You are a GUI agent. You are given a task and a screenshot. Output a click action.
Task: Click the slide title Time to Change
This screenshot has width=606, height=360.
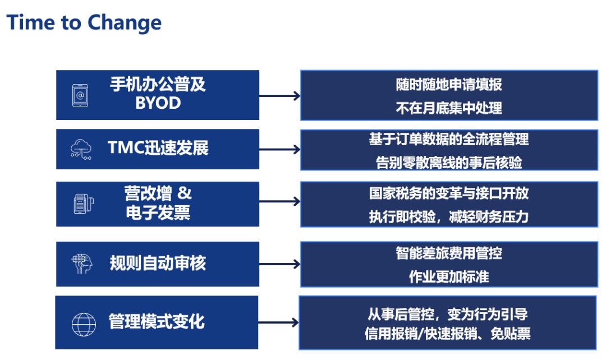click(84, 22)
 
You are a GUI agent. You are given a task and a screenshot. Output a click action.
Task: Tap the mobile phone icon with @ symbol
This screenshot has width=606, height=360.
click(80, 95)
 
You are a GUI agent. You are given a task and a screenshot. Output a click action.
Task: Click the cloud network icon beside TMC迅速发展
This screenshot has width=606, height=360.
click(81, 149)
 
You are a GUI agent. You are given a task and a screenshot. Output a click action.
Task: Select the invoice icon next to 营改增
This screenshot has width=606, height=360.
click(84, 204)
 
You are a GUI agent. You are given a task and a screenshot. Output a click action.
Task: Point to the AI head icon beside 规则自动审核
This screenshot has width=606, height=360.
click(82, 264)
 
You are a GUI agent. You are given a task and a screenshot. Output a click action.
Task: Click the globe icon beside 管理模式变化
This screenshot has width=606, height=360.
click(84, 324)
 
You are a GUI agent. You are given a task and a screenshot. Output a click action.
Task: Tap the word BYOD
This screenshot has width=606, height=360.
click(158, 103)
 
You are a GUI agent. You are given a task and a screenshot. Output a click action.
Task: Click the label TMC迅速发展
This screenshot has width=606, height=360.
click(158, 148)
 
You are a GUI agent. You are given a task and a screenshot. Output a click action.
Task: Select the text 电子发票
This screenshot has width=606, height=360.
click(158, 213)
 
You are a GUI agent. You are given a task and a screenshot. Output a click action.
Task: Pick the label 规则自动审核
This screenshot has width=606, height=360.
click(158, 263)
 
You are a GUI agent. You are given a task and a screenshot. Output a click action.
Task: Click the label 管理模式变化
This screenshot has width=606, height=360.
click(157, 321)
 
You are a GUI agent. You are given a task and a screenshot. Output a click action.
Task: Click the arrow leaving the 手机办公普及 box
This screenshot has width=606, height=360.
click(279, 96)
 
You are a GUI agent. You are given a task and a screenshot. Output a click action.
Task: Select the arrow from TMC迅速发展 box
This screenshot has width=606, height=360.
click(279, 149)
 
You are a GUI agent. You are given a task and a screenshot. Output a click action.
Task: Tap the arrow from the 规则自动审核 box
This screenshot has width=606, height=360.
click(279, 264)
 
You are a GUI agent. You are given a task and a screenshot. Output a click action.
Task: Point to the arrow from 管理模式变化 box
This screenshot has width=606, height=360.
click(278, 322)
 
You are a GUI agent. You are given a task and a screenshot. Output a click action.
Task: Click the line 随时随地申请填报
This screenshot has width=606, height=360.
click(449, 84)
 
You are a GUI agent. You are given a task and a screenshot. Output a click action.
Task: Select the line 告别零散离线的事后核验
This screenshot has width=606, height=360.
click(449, 163)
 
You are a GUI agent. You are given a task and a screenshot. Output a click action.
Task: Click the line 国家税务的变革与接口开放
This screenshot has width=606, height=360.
click(449, 193)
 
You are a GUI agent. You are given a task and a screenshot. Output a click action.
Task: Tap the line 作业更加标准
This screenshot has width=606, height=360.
click(449, 276)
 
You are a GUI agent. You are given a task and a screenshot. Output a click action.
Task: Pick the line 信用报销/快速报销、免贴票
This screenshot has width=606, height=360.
click(448, 333)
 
